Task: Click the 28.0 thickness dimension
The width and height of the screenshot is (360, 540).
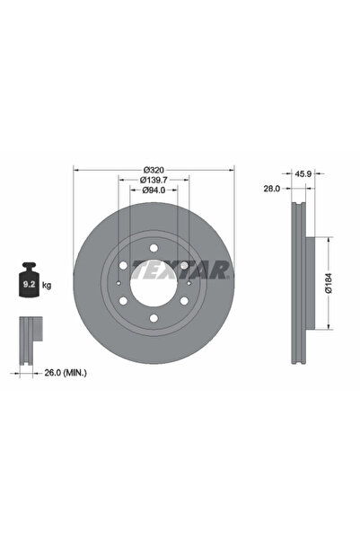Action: pyautogui.click(x=273, y=190)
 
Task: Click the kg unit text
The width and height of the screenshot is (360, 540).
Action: pyautogui.click(x=46, y=285)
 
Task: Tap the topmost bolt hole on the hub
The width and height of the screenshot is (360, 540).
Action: pyautogui.click(x=152, y=247)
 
